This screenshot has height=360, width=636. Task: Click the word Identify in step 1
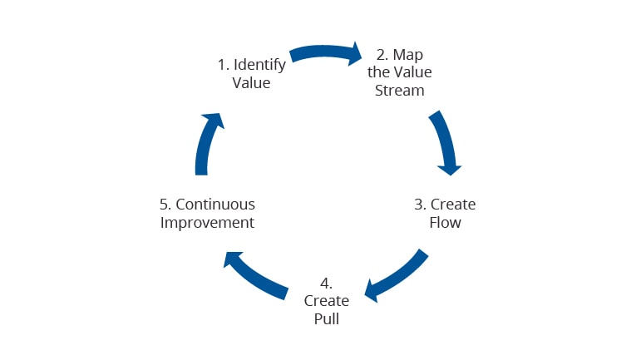pyautogui.click(x=259, y=65)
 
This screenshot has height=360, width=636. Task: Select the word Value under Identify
pyautogui.click(x=251, y=83)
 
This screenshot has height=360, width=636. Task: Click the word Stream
pyautogui.click(x=400, y=90)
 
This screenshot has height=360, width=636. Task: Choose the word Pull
pyautogui.click(x=326, y=318)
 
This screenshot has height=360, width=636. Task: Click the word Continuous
pyautogui.click(x=215, y=204)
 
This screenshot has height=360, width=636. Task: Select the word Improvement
pyautogui.click(x=207, y=222)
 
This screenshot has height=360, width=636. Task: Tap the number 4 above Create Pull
pyautogui.click(x=325, y=282)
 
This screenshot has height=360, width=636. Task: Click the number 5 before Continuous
pyautogui.click(x=165, y=204)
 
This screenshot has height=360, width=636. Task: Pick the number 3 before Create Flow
pyautogui.click(x=420, y=204)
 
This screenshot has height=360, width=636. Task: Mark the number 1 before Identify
pyautogui.click(x=221, y=65)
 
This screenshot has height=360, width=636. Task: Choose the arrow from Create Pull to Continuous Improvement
pyautogui.click(x=254, y=275)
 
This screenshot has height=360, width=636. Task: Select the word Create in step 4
pyautogui.click(x=326, y=300)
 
